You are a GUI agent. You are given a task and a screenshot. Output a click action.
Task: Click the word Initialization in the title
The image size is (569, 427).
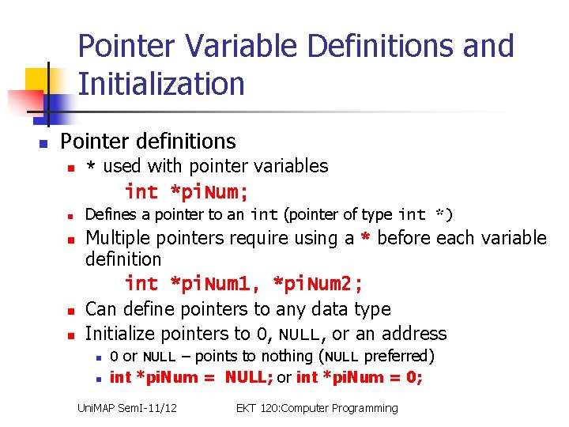(x=161, y=83)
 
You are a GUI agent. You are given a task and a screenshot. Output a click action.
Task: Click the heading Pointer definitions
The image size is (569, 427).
(x=148, y=142)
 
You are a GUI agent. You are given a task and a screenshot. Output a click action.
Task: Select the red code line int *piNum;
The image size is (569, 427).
(x=187, y=191)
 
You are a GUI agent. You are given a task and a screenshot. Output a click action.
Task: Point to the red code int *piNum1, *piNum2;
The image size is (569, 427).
(x=243, y=283)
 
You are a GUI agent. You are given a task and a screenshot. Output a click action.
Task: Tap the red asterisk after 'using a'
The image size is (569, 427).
(x=365, y=239)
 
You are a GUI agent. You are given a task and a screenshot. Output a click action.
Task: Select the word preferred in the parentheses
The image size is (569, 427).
(x=398, y=356)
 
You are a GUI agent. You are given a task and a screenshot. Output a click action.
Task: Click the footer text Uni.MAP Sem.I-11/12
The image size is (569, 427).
(x=126, y=408)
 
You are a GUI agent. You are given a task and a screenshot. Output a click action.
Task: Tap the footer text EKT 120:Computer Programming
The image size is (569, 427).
(x=317, y=408)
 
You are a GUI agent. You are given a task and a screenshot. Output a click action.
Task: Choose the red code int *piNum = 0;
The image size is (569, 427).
(x=360, y=377)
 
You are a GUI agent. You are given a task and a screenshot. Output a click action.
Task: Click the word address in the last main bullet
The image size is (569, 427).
(x=413, y=334)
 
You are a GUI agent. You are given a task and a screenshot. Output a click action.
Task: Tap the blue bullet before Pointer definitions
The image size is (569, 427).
(x=44, y=144)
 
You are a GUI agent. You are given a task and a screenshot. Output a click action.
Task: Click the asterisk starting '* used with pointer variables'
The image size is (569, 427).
(x=92, y=168)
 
